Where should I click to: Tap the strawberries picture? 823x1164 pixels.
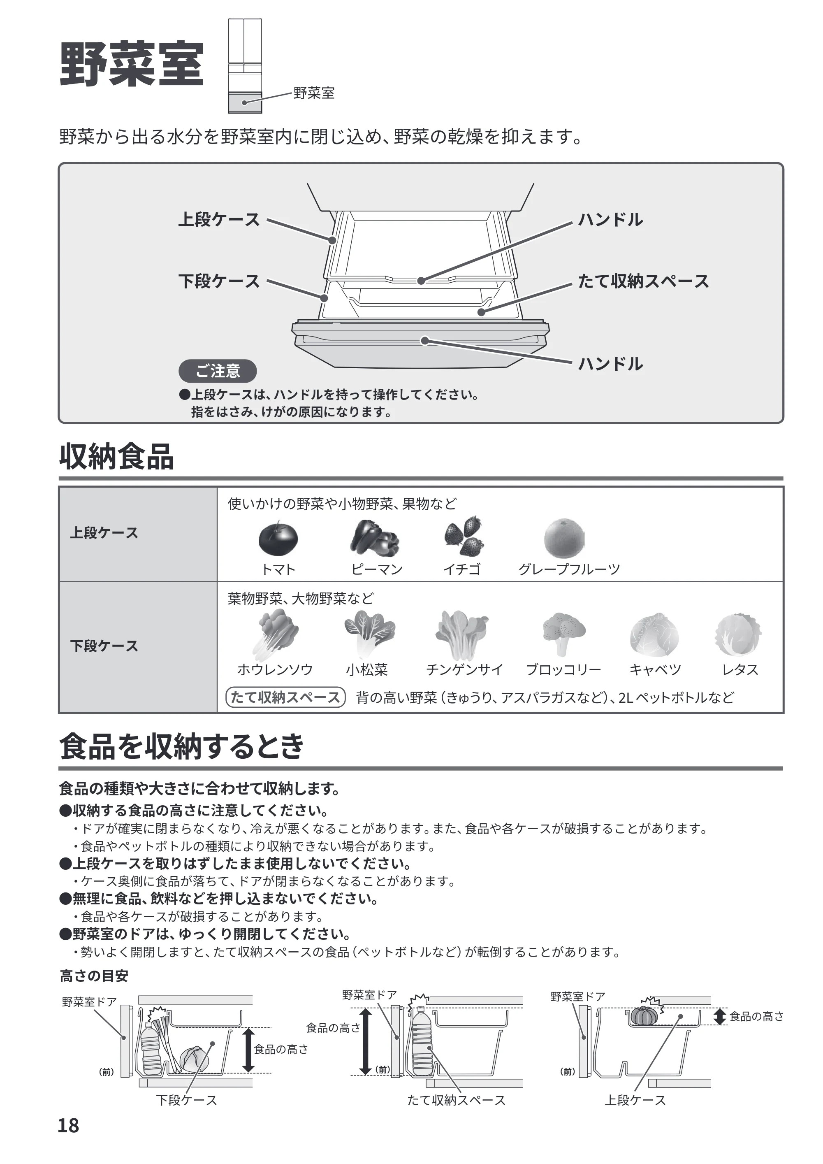(464, 537)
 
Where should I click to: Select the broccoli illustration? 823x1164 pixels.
(563, 634)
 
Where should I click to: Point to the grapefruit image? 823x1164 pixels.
(564, 539)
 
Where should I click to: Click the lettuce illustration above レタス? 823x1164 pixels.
(738, 635)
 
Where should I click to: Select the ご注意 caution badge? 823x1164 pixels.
(218, 371)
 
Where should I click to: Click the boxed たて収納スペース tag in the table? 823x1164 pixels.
(285, 697)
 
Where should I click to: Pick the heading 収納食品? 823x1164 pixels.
(116, 456)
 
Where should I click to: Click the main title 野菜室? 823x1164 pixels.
(132, 64)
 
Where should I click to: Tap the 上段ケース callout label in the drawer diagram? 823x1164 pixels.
(219, 220)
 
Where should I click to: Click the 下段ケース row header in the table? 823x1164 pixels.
(104, 646)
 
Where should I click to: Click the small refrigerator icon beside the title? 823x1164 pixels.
(245, 66)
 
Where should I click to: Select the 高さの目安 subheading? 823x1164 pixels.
(94, 976)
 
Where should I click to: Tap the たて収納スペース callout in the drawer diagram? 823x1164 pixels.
(644, 281)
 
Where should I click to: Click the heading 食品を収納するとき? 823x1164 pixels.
(182, 746)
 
